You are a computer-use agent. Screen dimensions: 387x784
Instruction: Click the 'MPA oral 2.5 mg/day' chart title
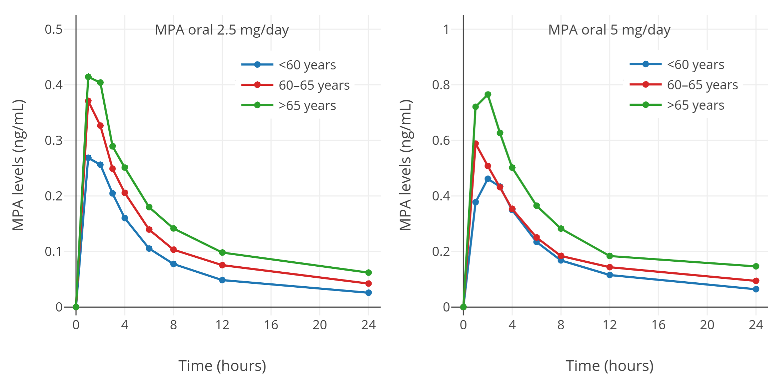(222, 30)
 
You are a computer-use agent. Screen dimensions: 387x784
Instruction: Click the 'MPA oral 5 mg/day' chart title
(609, 30)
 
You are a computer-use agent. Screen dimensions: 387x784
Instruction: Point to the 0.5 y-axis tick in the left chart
(54, 29)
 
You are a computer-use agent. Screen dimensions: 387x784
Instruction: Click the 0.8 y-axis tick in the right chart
(441, 85)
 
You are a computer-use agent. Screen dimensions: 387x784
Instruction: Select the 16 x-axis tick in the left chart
(271, 325)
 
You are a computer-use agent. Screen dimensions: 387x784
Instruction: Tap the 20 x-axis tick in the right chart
(707, 325)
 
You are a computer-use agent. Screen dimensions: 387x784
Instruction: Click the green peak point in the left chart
(88, 77)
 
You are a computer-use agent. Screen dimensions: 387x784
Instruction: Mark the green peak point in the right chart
(488, 94)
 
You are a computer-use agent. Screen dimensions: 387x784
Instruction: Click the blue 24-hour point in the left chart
(368, 293)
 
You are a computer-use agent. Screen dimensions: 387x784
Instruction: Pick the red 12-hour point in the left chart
(222, 265)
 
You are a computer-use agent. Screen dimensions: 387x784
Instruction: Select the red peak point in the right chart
(476, 143)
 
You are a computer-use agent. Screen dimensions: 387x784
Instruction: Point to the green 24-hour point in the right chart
(756, 266)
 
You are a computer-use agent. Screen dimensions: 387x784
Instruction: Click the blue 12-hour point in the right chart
(610, 275)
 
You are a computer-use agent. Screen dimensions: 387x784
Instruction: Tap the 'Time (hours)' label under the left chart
(222, 366)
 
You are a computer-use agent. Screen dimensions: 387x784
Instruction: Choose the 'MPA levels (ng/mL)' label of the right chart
(406, 165)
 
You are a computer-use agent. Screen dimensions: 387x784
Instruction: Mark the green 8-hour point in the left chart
(174, 228)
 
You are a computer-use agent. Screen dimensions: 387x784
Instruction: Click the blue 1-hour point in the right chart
(476, 202)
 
